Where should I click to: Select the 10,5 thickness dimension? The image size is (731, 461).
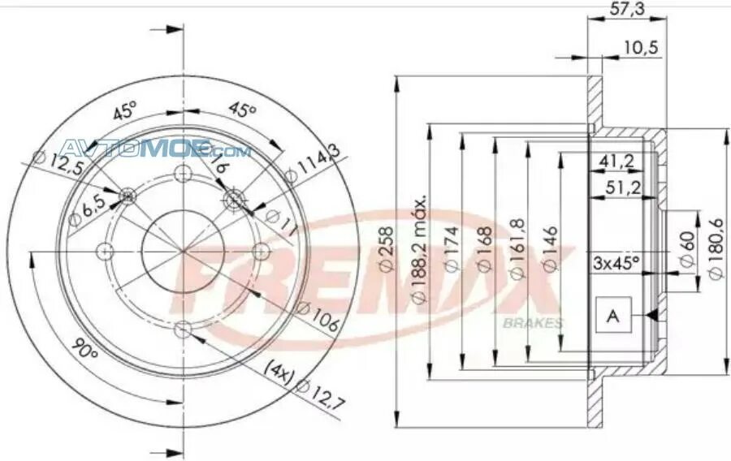(x=642, y=49)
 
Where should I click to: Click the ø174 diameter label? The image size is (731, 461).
(x=451, y=251)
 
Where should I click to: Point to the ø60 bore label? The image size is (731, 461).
(x=686, y=251)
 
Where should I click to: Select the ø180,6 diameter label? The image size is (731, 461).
(x=716, y=251)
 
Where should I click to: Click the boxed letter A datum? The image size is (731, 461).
(x=613, y=316)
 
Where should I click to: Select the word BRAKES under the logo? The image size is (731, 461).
(x=533, y=323)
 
